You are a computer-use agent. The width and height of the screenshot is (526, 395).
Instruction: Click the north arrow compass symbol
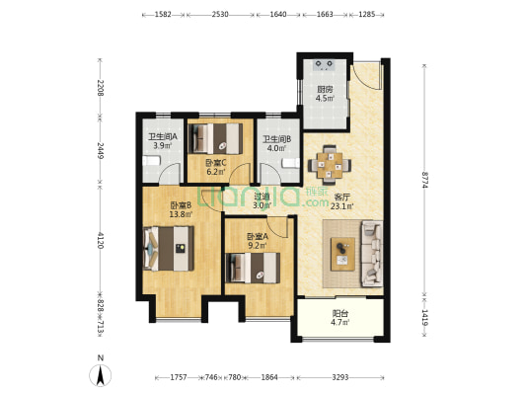click(x=100, y=375)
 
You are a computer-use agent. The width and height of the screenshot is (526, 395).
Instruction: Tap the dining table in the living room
click(x=330, y=165)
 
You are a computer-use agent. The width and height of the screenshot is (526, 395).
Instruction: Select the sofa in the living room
click(x=372, y=254)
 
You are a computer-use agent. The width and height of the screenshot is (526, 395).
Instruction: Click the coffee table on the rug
click(x=342, y=254)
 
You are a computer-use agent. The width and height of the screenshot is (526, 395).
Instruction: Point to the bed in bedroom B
click(x=169, y=248)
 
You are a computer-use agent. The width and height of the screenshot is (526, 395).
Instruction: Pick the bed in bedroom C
click(x=215, y=139)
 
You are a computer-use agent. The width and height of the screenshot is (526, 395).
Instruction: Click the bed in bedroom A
click(x=253, y=268)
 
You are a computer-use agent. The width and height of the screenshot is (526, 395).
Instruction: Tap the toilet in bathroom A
click(x=151, y=160)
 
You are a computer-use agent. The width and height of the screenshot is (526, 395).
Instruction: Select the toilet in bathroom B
click(x=290, y=163)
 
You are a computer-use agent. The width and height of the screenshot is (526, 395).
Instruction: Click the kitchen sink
click(x=324, y=65)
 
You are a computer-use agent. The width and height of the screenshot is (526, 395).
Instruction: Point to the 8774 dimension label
click(x=424, y=180)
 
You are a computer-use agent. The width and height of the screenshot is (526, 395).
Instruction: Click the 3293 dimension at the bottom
click(x=340, y=377)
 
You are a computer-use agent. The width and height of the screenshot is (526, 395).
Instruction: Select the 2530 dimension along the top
click(x=220, y=15)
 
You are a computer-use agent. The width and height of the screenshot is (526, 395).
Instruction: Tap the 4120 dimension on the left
click(x=100, y=240)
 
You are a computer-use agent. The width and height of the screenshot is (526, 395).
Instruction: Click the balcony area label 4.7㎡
click(x=340, y=323)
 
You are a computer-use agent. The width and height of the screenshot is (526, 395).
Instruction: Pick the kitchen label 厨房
click(x=325, y=90)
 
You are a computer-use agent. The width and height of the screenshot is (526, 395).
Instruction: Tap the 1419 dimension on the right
click(x=424, y=318)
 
